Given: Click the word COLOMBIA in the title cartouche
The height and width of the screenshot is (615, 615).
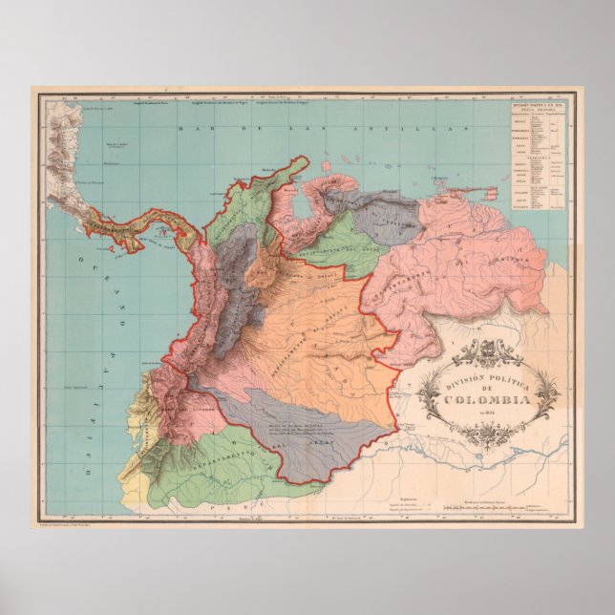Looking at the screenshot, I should pos(487,400).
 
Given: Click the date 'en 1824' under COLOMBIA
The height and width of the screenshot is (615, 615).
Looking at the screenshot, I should pos(487,414).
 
